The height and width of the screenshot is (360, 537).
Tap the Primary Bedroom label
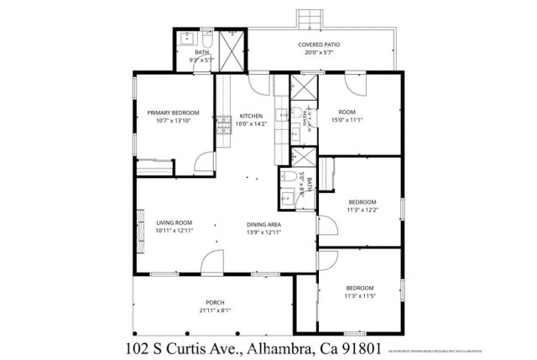pos(174,112)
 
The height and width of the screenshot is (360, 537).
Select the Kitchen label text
pos(252,116)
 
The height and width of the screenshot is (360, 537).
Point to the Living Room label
pos(175,222)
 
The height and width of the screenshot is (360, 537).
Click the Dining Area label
pos(263,223)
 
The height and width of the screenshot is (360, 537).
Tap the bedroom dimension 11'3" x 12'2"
pos(362,211)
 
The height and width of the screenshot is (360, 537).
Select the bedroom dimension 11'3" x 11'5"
pos(362,295)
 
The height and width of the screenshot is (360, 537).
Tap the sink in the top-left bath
pos(185,39)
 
